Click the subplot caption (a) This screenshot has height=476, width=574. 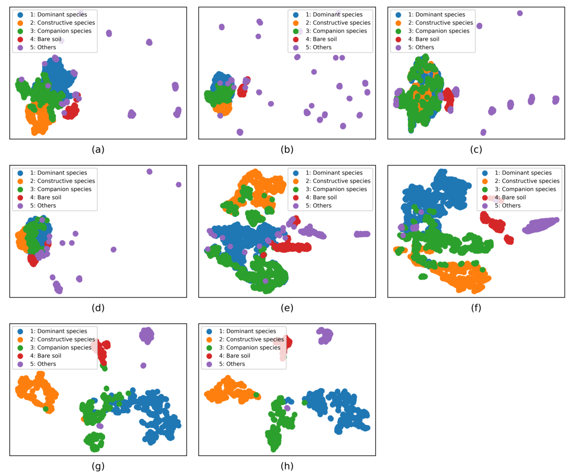(98, 150)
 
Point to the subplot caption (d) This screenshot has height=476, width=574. (98, 308)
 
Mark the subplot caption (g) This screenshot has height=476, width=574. (98, 466)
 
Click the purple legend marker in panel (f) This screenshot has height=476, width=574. (485, 206)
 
